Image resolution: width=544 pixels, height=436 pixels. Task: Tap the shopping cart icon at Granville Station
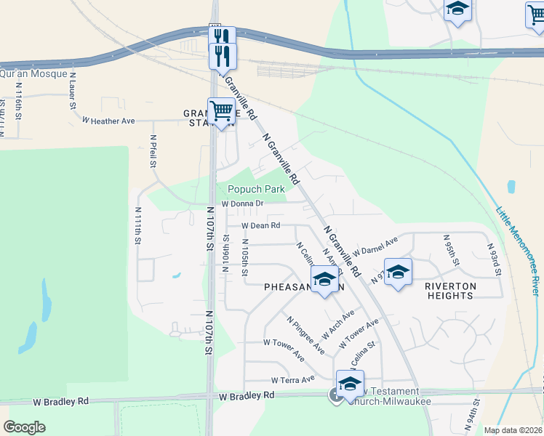coord(221,112)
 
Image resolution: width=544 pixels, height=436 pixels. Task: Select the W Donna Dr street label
coord(241,204)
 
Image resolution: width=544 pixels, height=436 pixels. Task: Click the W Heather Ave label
coord(108,121)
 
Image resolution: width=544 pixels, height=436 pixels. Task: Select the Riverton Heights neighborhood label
coord(450,291)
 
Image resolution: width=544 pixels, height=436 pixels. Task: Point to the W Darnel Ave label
coord(375,246)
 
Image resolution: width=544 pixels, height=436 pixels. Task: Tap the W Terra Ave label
coord(292,379)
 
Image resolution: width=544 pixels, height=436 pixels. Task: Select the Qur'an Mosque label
coord(33,73)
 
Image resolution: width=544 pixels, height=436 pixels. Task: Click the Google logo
coord(24,427)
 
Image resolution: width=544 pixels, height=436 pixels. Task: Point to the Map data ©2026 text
coord(513,430)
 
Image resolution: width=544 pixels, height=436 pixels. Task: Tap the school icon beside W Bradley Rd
coord(350,384)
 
